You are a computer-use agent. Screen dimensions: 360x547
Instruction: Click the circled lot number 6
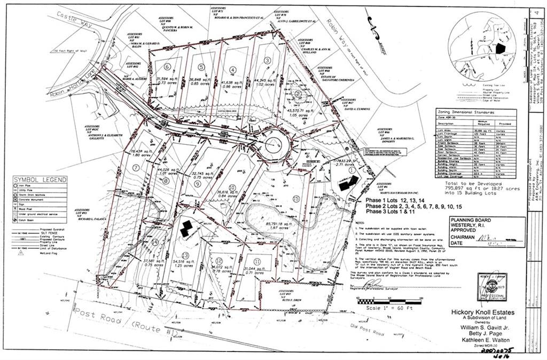[168, 67]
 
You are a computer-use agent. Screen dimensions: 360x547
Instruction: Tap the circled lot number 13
[185, 255]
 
